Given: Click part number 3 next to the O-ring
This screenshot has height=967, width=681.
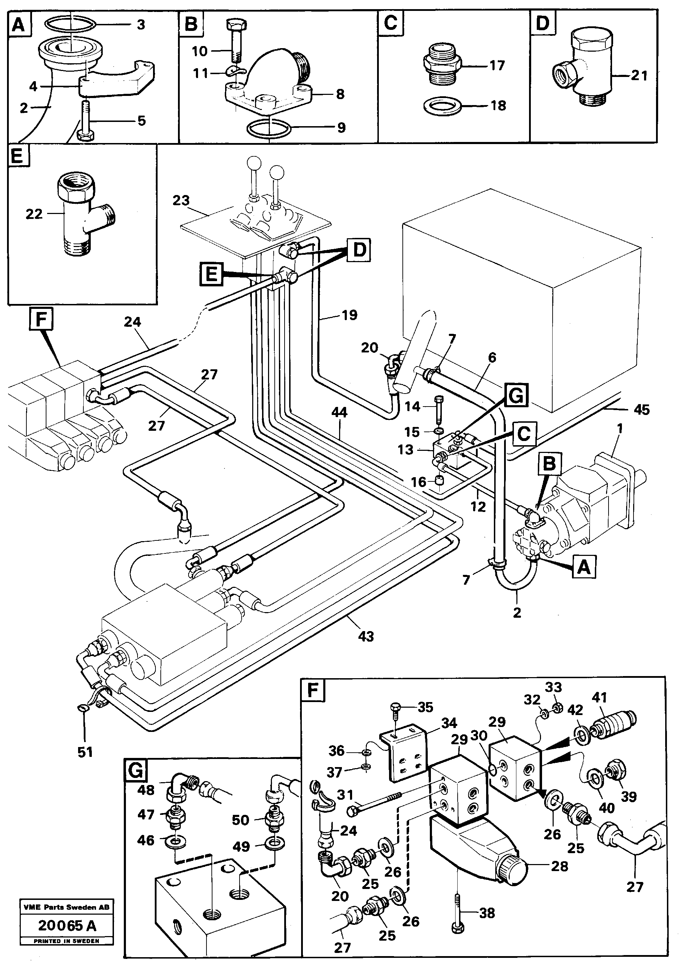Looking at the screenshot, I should coord(141,25).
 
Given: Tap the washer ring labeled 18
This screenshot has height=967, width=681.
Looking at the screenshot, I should coord(441,105).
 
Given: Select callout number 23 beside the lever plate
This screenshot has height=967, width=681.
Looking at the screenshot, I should coord(181,201).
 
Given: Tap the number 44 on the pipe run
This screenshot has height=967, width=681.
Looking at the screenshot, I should coord(339,412).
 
